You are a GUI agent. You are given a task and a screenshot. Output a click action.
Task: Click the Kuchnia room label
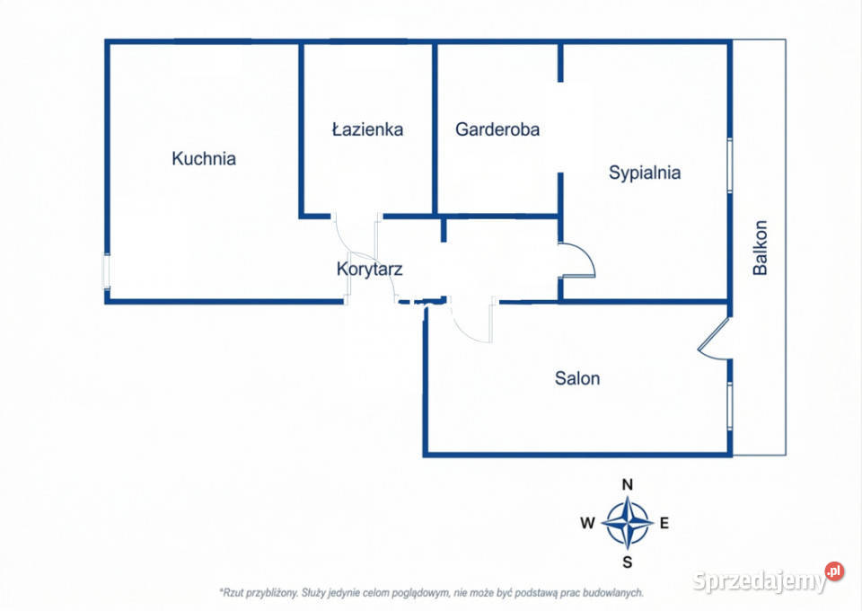coord(204,158)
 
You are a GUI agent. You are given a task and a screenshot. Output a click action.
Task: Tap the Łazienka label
coord(367,129)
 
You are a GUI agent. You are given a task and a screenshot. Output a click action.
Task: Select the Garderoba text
coord(497,129)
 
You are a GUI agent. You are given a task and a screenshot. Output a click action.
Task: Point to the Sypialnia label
coord(645,173)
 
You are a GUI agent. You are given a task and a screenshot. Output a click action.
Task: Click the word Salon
coord(577,378)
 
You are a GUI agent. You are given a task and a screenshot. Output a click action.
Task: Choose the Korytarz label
coord(369,268)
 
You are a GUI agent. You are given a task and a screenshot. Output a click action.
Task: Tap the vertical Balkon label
coord(761,247)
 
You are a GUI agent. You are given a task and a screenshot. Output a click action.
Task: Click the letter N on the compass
coord(628,484)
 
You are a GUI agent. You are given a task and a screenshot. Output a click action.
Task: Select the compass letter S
coord(628,562)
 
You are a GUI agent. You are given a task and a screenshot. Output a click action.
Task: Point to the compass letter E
coord(664,523)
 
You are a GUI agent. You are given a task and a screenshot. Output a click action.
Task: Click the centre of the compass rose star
coord(628,523)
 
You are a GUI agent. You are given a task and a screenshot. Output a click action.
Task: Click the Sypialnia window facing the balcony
coord(730,164)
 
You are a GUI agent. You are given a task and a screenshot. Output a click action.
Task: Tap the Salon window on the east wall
coord(730,405)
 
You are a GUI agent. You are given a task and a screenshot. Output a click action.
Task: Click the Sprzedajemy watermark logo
coord(769,580)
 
